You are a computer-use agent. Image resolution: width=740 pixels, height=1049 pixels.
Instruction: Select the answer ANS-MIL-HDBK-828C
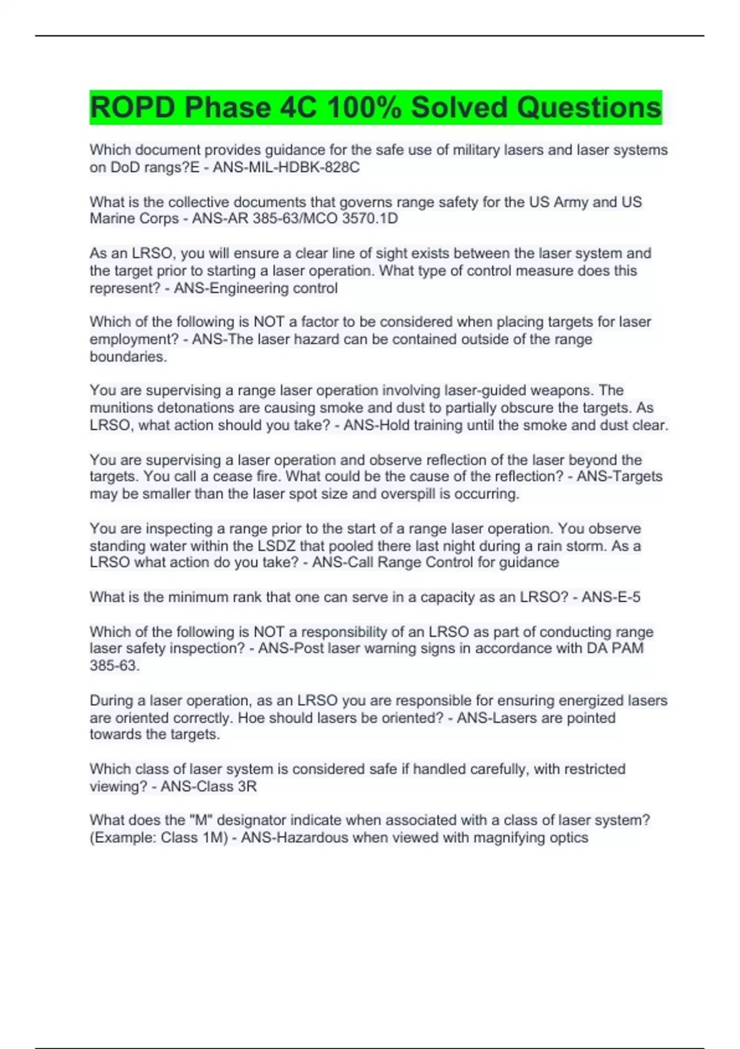coord(286,168)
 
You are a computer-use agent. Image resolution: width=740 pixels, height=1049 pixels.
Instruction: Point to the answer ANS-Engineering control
coord(255,288)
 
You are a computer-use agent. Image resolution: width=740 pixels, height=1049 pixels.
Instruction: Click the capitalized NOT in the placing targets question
coord(268,322)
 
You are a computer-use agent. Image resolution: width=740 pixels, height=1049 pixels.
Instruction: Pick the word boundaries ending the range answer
coord(128,357)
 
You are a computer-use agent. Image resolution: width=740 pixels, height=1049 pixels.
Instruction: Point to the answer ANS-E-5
coord(610,597)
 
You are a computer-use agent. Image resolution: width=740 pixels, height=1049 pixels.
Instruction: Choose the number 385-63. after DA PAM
coord(114,666)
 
